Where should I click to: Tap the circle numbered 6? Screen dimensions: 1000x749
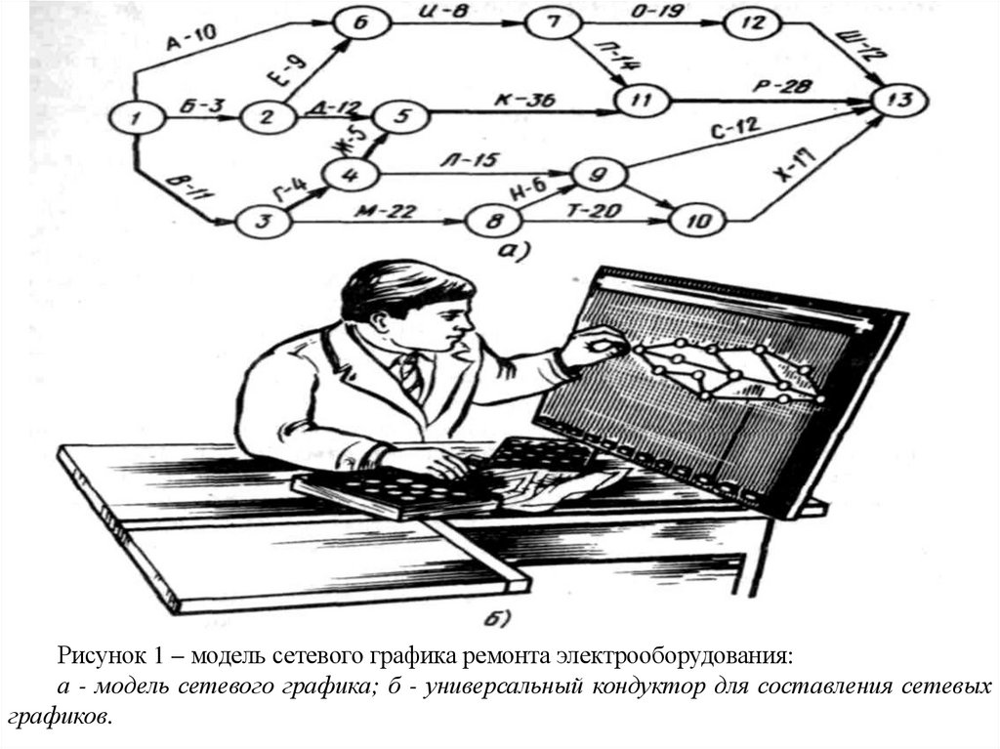(356, 24)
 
